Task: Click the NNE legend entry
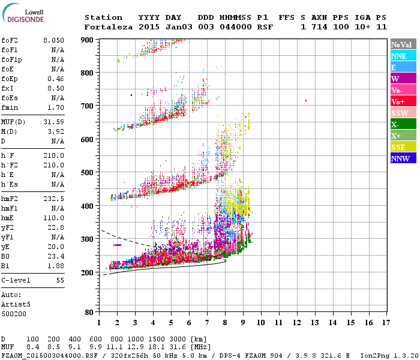coord(403,56)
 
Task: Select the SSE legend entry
coord(403,147)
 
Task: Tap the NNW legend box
coord(403,158)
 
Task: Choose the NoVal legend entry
coord(403,44)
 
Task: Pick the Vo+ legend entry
coord(403,101)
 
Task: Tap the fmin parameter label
coord(10,107)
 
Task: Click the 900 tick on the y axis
coord(88,40)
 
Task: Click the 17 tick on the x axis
coord(386,323)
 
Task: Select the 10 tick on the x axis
coord(261,323)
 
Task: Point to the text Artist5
coord(16,304)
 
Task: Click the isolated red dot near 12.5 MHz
coord(306,100)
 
